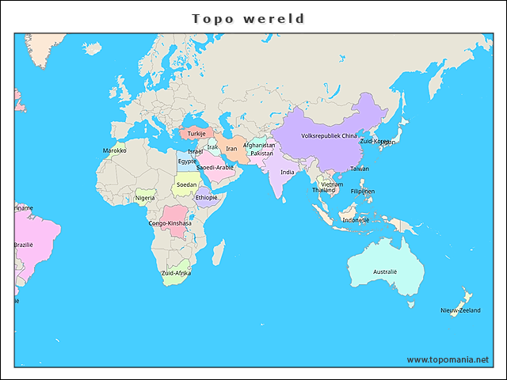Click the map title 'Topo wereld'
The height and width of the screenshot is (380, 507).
249,18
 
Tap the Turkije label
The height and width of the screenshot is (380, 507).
196,134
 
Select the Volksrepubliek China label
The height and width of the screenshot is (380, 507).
330,135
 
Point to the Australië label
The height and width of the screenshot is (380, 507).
385,272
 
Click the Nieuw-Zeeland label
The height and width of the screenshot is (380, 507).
460,310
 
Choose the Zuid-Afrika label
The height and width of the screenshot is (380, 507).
176,273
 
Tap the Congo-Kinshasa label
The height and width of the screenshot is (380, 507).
170,223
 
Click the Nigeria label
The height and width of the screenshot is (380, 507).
145,198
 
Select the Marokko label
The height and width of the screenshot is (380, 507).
115,150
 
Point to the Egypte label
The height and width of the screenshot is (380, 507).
187,161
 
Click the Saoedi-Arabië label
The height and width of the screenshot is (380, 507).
215,167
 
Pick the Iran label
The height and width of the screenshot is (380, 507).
231,148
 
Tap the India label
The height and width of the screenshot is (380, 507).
287,172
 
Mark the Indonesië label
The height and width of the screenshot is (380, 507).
356,220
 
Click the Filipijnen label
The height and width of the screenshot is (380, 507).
363,191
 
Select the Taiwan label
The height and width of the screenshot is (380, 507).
360,169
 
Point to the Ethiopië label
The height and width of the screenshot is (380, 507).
206,197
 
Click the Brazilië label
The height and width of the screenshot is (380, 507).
23,245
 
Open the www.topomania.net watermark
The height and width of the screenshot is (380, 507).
448,359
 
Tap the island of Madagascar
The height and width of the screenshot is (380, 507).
217,253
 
